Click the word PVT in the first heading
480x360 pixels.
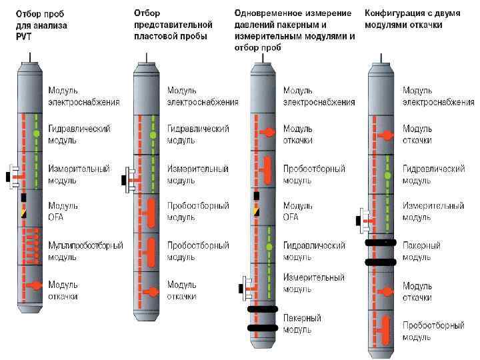[25, 36]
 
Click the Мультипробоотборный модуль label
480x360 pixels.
[85, 251]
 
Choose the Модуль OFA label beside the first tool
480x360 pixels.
[63, 211]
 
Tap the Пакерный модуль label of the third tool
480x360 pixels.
[302, 323]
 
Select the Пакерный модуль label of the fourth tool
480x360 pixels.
[421, 251]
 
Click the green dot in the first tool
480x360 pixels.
[37, 135]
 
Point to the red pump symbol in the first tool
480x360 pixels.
[37, 285]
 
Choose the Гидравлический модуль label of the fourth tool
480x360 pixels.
[433, 175]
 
